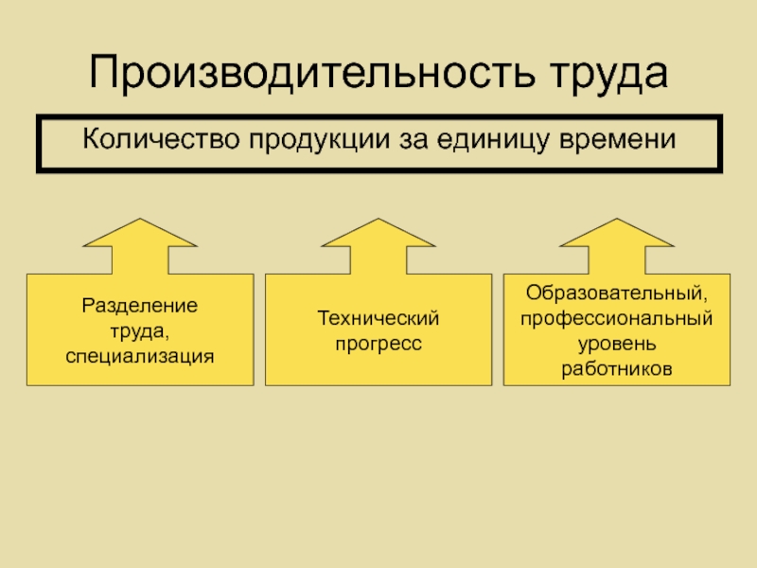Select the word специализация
[140, 356]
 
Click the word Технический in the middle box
[378, 319]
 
